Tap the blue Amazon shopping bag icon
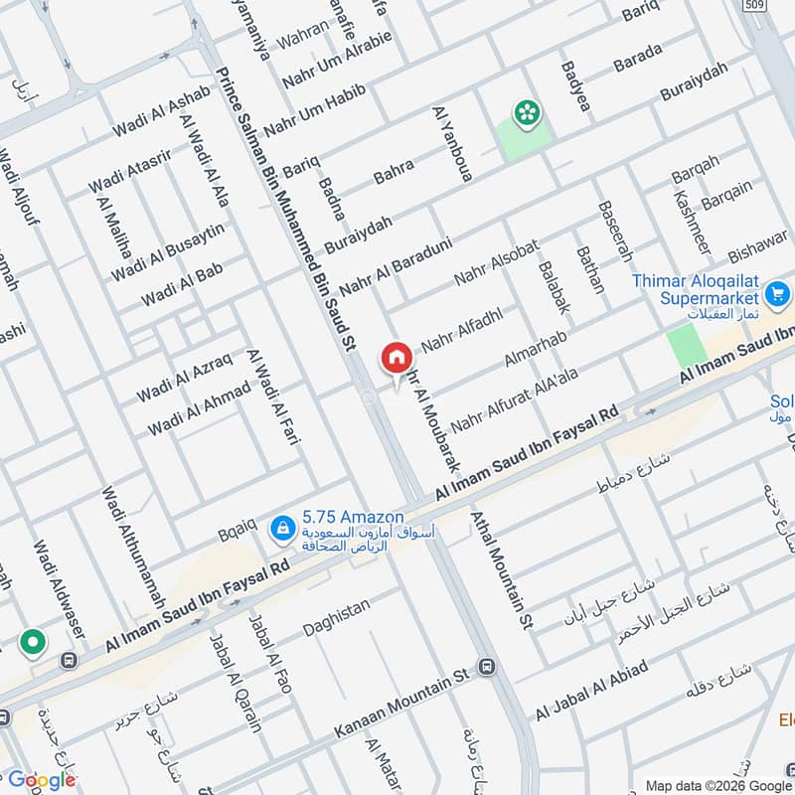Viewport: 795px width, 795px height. pyautogui.click(x=283, y=526)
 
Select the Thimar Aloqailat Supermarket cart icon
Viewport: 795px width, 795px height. pyautogui.click(x=777, y=294)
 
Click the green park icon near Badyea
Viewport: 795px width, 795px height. pyautogui.click(x=524, y=113)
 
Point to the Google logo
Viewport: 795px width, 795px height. pyautogui.click(x=42, y=780)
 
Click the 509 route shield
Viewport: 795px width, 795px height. pyautogui.click(x=753, y=5)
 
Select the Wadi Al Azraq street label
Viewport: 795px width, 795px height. pyautogui.click(x=184, y=378)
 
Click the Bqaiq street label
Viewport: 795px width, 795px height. pyautogui.click(x=238, y=534)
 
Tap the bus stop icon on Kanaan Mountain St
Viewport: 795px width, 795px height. pyautogui.click(x=486, y=665)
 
